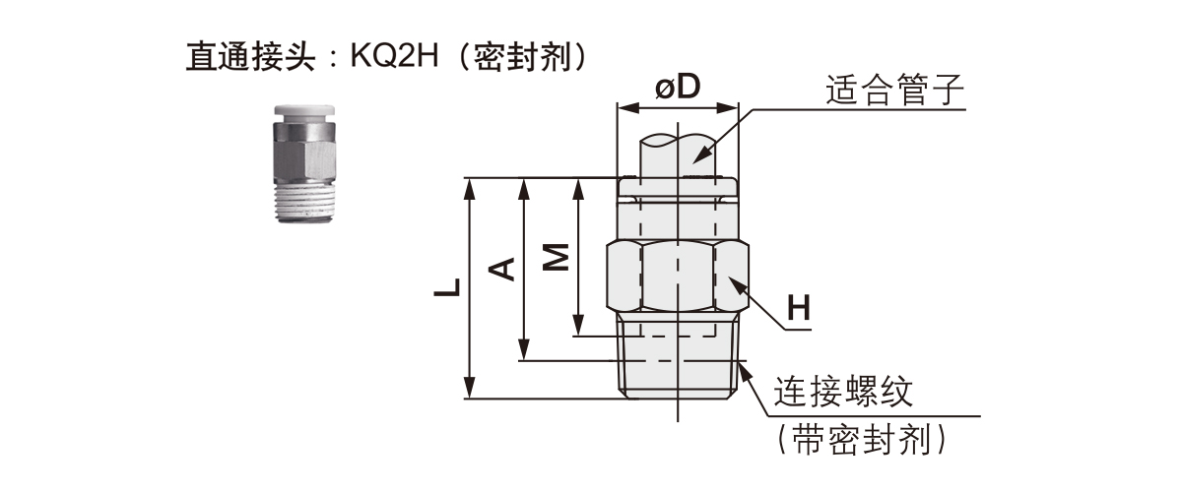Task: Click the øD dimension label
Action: (x=677, y=88)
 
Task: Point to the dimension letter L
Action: (x=449, y=288)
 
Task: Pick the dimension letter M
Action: (x=557, y=258)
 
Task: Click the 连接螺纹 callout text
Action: (x=844, y=393)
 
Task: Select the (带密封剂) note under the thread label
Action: (x=862, y=440)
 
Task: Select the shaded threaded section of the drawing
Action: (x=678, y=359)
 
